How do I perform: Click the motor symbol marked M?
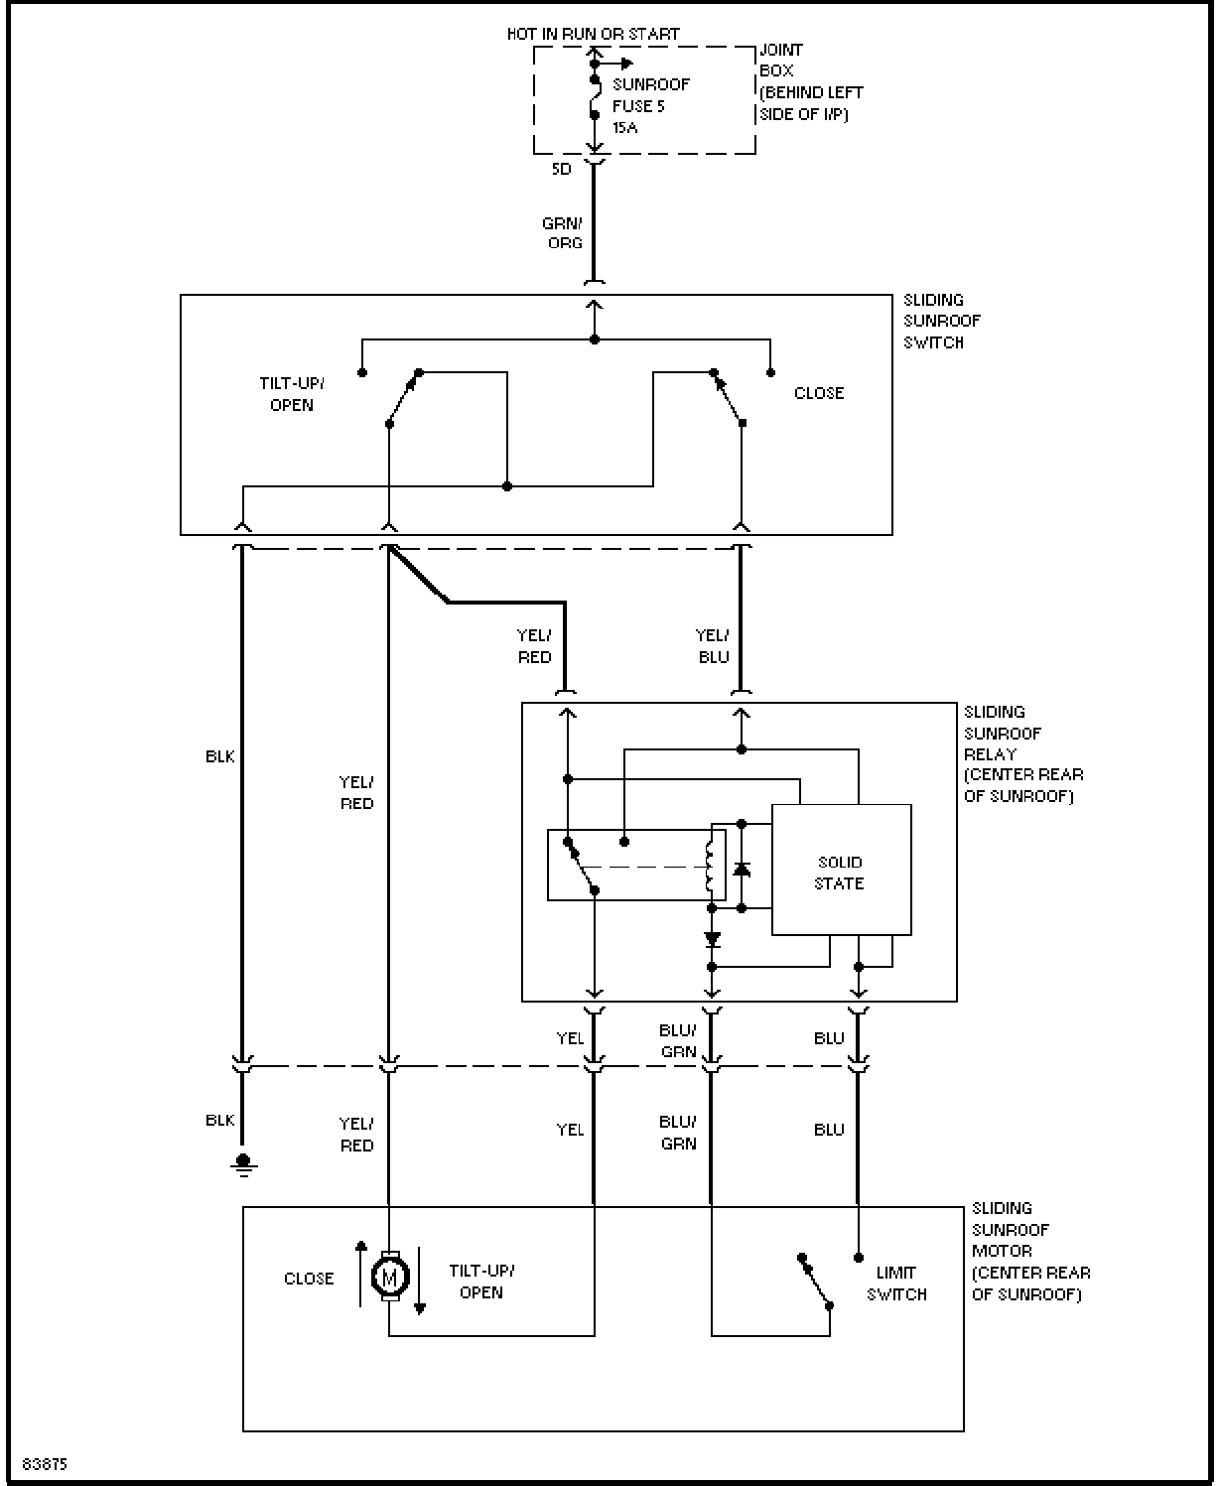(x=390, y=1276)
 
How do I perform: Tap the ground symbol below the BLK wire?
(x=243, y=1165)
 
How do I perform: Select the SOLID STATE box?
(x=842, y=870)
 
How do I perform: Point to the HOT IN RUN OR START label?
(x=593, y=34)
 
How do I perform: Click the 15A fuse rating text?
(x=624, y=127)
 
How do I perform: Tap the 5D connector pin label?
(x=561, y=169)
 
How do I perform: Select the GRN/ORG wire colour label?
(x=563, y=233)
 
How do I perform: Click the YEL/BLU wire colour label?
(x=713, y=646)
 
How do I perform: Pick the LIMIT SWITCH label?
(x=896, y=1283)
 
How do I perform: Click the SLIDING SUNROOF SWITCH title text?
(x=941, y=322)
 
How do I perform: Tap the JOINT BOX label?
(x=781, y=60)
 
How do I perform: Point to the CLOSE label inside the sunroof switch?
(x=819, y=393)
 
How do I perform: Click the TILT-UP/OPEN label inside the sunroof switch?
(x=292, y=394)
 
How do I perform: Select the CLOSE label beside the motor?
(x=309, y=1279)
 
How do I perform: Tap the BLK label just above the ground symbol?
(x=219, y=1121)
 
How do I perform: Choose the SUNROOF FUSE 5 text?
(x=650, y=95)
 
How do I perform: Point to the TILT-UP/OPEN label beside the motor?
(x=482, y=1281)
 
